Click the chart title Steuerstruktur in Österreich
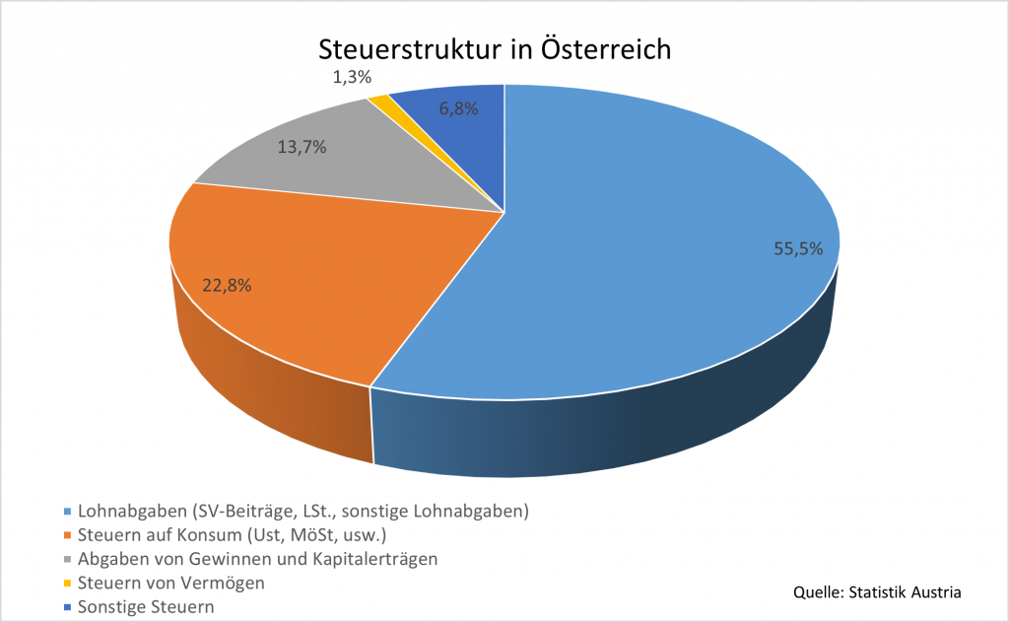(x=493, y=49)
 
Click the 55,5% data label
(x=798, y=249)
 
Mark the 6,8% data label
(x=459, y=109)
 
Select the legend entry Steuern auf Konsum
(x=228, y=535)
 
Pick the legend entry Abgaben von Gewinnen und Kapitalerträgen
(x=256, y=559)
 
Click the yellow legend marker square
(x=67, y=583)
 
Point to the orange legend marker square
(x=67, y=535)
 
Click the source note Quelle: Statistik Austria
(x=876, y=591)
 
